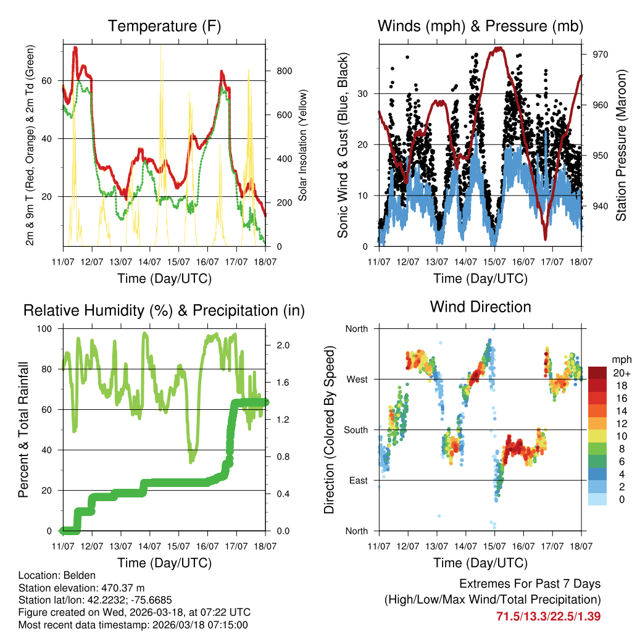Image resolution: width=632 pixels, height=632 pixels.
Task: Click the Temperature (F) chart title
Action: tap(164, 26)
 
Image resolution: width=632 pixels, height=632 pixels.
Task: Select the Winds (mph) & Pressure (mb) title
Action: tap(480, 26)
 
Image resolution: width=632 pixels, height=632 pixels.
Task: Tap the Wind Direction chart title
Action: tap(480, 306)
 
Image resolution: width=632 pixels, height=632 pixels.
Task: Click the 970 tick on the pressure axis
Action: tap(601, 54)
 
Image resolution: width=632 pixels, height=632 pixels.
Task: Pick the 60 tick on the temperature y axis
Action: tap(52, 81)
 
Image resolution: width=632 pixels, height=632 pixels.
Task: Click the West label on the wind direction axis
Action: tap(356, 379)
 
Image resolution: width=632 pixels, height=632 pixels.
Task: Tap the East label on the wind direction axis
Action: tap(357, 480)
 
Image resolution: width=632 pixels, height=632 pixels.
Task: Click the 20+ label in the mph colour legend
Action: tap(620, 373)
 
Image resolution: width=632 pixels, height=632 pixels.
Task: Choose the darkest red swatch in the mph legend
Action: tap(597, 373)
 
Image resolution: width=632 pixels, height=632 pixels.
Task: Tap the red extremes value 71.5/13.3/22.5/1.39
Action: tap(549, 616)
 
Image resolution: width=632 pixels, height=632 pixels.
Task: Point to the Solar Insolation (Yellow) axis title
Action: tap(303, 145)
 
